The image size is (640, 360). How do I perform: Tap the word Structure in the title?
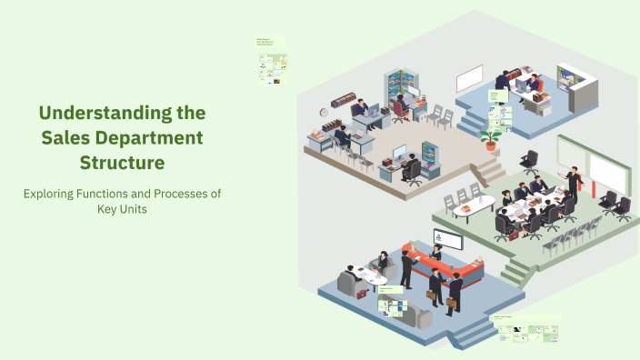point(121,163)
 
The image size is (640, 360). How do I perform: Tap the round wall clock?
point(324,113)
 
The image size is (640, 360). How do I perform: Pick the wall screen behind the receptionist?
point(447,239)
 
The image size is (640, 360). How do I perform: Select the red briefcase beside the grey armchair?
point(362,293)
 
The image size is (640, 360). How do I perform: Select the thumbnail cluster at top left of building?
point(272,61)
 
